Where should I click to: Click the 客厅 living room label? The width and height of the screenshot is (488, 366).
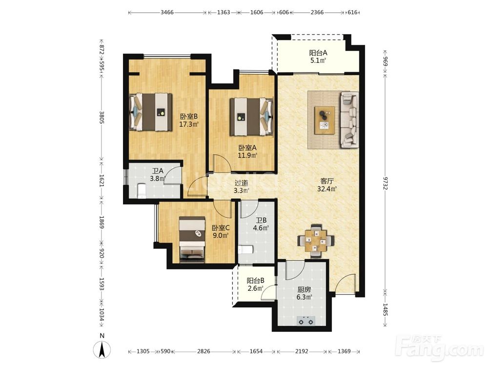tap(327, 181)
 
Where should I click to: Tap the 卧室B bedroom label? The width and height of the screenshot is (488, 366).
tap(189, 117)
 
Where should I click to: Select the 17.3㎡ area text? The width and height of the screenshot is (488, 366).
tap(189, 124)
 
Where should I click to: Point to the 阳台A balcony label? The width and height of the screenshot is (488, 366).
tap(318, 53)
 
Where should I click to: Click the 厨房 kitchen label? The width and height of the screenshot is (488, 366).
tap(304, 289)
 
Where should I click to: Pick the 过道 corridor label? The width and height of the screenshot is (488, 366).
tap(241, 183)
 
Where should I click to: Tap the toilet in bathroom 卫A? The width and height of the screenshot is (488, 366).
tap(142, 191)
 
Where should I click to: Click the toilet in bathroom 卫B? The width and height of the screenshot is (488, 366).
tap(246, 249)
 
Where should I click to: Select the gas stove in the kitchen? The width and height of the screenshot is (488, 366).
tap(306, 321)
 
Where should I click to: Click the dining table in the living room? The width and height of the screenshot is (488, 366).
tap(316, 240)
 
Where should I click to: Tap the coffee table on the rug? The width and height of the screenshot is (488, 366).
tap(325, 120)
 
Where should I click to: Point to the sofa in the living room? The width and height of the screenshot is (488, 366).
tap(349, 120)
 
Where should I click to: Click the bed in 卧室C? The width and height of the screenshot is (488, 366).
tap(192, 239)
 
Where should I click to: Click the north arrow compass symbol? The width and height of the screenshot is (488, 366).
tap(102, 350)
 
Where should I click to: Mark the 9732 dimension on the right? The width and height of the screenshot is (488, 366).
tap(386, 183)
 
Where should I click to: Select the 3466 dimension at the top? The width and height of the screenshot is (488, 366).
tap(167, 13)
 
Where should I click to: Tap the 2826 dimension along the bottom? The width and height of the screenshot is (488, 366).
tap(203, 351)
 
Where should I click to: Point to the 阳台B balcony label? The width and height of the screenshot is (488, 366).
tap(256, 281)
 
